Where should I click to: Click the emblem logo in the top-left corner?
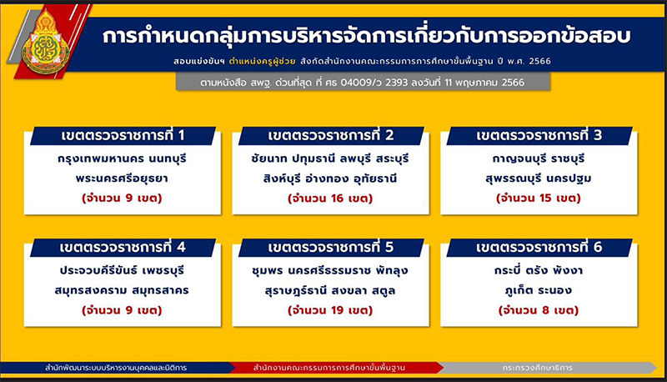pos(46,43)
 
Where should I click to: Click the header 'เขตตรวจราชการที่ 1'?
pos(123,136)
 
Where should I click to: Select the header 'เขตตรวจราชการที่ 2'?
pos(331,136)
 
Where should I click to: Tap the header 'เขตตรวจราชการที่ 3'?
pos(539,136)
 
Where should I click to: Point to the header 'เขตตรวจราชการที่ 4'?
pos(123,248)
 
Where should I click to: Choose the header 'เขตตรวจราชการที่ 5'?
pos(331,248)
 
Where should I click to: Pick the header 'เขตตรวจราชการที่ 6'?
pos(539,248)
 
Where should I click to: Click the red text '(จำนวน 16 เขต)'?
pos(330,199)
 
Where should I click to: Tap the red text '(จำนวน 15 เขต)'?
pos(538,199)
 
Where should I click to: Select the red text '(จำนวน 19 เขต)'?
pos(330,310)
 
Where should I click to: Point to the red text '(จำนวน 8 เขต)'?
pos(538,310)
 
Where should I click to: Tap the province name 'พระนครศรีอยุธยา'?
pos(122,178)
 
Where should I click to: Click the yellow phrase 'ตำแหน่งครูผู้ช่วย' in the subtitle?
pos(262,61)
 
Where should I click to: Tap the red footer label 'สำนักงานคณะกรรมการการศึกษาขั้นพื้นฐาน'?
pos(329,368)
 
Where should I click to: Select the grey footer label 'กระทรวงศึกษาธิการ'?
pos(537,368)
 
